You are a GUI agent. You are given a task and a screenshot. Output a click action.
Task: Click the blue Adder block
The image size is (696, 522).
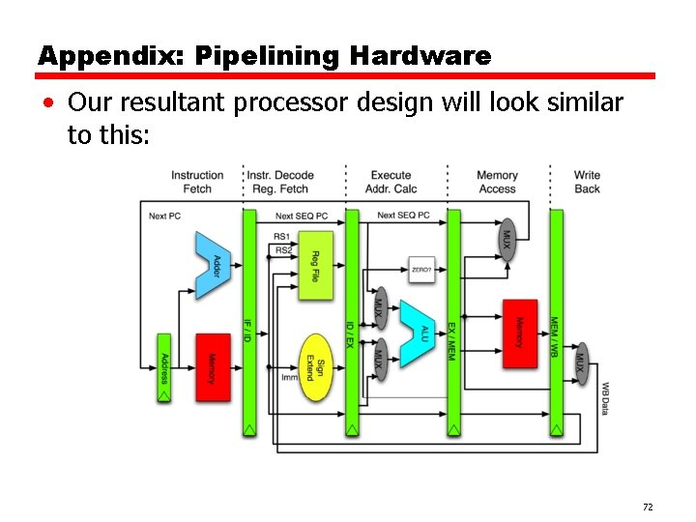click(x=213, y=264)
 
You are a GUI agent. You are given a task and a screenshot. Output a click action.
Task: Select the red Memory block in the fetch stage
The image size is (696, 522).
click(x=213, y=366)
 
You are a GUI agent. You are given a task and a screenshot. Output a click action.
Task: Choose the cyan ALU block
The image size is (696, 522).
click(x=419, y=333)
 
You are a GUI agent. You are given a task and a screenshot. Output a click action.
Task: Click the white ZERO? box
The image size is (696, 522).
click(x=421, y=271)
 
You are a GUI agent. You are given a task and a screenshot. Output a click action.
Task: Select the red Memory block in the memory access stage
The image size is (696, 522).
click(x=519, y=333)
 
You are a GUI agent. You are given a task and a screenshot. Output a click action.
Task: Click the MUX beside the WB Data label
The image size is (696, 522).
click(x=580, y=362)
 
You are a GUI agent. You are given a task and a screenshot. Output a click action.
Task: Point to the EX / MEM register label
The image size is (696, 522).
click(x=450, y=342)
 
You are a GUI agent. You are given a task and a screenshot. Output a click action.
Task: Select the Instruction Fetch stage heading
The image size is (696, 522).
click(x=197, y=182)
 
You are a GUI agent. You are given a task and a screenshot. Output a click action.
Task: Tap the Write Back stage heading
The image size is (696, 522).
click(x=587, y=182)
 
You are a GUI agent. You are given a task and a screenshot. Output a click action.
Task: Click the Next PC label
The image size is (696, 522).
click(x=164, y=215)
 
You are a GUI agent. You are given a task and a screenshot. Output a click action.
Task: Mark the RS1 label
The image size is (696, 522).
click(x=281, y=237)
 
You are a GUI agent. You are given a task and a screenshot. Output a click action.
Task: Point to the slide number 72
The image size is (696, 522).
click(x=647, y=507)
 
